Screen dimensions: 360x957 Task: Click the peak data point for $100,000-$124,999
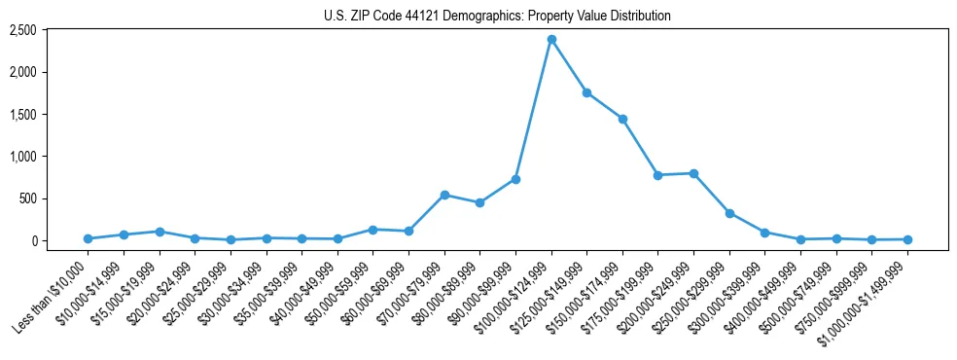(551, 39)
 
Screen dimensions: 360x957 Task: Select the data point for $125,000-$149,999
(586, 92)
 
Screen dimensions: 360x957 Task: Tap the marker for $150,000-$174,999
(622, 119)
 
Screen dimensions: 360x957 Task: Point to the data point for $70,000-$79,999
(444, 195)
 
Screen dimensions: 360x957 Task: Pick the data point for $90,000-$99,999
(515, 179)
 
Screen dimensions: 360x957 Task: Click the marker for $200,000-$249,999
(693, 173)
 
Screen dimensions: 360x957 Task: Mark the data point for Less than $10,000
(88, 238)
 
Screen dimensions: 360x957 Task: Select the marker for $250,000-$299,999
(729, 213)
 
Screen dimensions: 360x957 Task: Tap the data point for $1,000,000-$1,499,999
(907, 239)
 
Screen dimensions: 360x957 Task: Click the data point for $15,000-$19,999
(159, 232)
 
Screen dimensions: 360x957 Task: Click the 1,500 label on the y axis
(22, 115)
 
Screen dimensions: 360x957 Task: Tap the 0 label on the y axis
(33, 240)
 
